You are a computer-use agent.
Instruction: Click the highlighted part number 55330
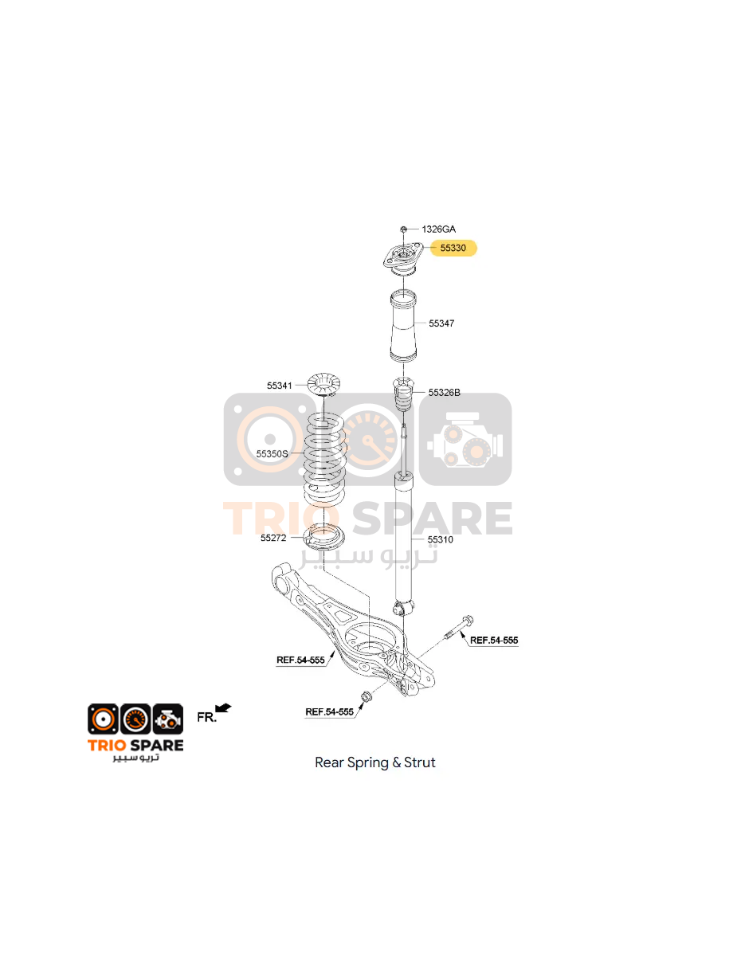[453, 248]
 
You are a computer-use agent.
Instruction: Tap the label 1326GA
[438, 229]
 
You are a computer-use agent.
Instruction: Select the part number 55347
[441, 323]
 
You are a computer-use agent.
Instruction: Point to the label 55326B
[444, 392]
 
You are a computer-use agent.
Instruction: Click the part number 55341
[280, 385]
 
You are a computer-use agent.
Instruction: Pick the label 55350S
[272, 453]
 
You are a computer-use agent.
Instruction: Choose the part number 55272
[273, 538]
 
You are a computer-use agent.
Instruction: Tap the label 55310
[440, 539]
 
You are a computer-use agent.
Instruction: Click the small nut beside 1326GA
[403, 229]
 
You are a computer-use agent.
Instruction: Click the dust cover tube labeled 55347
[403, 326]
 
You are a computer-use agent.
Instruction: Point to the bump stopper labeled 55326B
[403, 394]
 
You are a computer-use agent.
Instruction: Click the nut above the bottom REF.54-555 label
[366, 697]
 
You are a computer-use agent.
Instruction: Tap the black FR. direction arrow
[223, 708]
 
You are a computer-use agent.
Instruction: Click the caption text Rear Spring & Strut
[375, 762]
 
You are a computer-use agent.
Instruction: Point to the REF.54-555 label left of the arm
[300, 660]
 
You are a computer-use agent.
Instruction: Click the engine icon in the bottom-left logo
[168, 719]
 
